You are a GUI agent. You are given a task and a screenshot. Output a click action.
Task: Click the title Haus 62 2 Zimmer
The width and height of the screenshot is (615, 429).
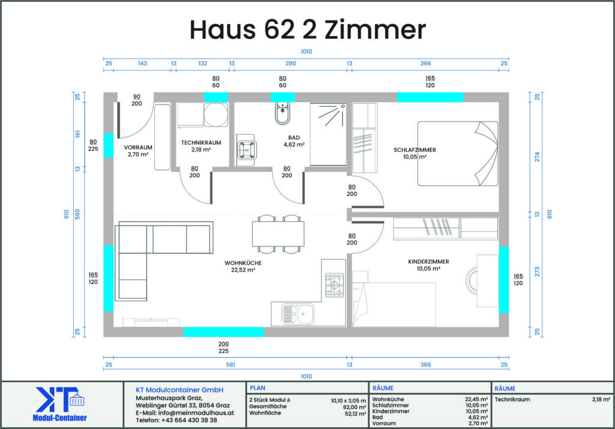307,29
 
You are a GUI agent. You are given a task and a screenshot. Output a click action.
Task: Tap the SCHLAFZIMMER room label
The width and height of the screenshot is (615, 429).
414,150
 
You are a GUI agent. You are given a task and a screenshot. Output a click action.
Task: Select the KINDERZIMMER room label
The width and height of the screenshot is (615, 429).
428,262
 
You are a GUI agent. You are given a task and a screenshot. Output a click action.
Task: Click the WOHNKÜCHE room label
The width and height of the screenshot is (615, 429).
243,263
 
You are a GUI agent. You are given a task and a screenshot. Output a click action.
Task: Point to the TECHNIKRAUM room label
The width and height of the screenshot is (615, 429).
201,143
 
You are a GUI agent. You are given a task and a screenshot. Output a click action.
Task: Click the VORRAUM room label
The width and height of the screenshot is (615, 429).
138,148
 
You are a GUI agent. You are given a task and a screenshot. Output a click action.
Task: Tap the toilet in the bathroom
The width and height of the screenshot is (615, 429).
282,113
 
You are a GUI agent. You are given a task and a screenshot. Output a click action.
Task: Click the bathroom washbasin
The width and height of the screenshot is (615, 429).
246,150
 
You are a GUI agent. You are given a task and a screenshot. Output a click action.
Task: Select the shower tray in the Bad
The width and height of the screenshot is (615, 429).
329,134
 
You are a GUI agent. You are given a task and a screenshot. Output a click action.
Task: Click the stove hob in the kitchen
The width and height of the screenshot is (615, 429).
335,285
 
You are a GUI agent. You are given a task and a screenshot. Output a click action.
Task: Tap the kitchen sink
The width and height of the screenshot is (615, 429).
298,314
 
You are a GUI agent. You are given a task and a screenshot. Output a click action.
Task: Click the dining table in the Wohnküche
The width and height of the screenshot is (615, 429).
278,234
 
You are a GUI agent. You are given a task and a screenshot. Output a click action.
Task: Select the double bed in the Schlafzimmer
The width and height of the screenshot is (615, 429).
458,153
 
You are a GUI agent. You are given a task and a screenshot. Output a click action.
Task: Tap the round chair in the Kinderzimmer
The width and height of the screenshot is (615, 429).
471,280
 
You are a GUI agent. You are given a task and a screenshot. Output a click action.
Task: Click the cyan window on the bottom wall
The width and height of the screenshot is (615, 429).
223,332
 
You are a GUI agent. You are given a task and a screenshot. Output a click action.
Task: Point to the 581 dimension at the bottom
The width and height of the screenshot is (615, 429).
231,365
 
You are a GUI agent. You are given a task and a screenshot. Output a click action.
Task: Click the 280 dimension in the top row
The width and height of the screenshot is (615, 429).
291,63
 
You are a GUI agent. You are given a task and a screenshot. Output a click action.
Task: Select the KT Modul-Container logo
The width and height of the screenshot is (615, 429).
59,404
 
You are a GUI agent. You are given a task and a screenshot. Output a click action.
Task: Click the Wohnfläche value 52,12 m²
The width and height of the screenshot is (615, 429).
356,414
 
